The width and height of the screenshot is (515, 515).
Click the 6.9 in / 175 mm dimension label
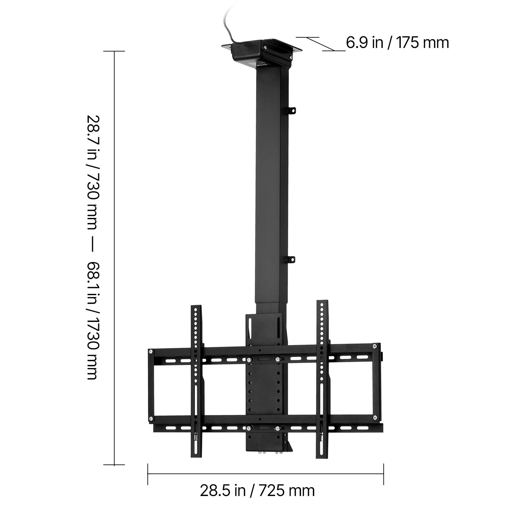point(397,43)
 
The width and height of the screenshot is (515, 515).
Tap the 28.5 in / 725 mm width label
point(257,491)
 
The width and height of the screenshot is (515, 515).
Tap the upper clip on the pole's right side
point(292,110)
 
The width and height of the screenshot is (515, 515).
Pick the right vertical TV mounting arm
point(322,380)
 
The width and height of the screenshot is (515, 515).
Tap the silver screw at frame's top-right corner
point(374,346)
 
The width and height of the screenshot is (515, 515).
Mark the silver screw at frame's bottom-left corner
point(151,418)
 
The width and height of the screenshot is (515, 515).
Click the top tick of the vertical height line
point(114,51)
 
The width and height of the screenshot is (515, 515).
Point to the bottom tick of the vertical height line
point(114,464)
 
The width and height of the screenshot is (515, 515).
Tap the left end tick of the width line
point(148,474)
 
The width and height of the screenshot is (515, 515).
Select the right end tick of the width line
point(383,474)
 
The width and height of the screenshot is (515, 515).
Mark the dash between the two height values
point(92,248)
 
